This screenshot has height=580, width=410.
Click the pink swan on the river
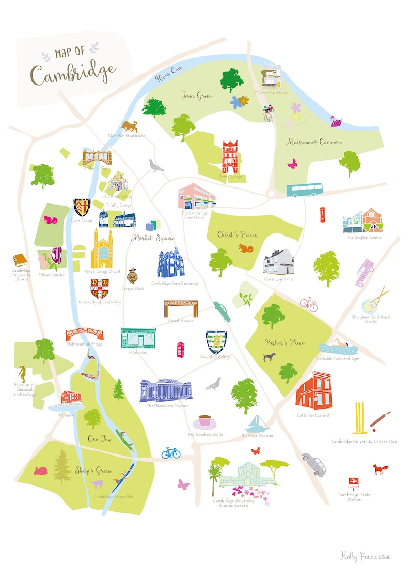pos(336,121)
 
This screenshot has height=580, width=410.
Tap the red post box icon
pos(323,214)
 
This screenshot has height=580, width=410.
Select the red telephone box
pos(181,350)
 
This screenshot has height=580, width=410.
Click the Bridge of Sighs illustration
pos(97,156)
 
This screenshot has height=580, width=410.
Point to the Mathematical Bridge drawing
pos(84,333)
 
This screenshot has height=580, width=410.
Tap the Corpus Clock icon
pos(132,276)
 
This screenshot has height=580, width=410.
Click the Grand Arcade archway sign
pos(181,308)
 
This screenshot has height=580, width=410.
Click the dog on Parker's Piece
pos(269,356)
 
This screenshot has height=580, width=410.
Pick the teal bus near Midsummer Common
pos(305,190)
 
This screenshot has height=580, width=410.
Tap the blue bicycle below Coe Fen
pos(171,453)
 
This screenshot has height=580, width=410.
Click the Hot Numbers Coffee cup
pos(205,421)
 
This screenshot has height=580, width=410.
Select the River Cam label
pos(169,74)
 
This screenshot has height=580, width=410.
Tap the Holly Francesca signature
pos(365,556)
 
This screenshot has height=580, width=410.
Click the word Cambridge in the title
pos(72,73)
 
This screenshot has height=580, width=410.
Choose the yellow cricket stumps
pos(360,418)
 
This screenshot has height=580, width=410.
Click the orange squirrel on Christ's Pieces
pos(246,248)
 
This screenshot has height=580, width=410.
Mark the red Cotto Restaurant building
pos(313,390)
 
